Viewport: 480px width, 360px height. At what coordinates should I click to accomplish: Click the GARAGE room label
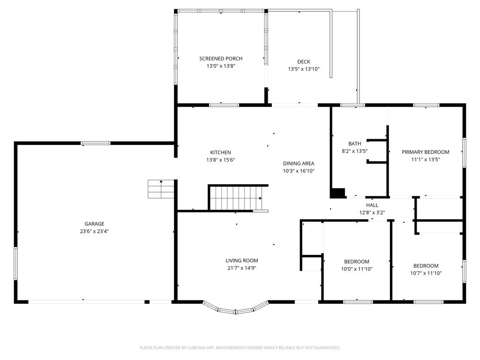94,224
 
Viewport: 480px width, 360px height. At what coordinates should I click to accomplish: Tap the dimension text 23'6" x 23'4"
94,232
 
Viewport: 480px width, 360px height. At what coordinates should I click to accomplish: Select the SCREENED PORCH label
221,59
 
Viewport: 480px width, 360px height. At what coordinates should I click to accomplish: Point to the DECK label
304,61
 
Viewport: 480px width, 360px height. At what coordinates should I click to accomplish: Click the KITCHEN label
220,152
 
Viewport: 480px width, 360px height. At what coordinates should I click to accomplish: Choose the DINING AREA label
299,164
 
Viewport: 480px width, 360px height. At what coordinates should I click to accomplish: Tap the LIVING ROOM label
241,261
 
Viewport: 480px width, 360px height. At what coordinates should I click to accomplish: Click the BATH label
354,143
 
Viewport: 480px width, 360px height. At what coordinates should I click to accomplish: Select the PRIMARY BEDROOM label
426,152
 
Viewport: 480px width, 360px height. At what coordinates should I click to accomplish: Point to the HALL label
372,205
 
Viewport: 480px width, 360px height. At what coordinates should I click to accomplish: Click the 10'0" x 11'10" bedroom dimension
357,269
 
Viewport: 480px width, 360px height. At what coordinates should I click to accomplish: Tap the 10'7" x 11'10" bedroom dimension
426,273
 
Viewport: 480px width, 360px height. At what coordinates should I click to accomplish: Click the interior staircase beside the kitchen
236,198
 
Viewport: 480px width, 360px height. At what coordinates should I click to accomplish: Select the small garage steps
161,189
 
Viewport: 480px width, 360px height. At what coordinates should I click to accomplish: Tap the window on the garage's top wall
96,143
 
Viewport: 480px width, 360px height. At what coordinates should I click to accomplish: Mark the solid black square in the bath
337,193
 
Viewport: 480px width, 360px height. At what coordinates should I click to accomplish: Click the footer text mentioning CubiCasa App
240,348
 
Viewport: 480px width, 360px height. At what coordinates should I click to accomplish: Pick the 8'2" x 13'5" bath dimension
354,151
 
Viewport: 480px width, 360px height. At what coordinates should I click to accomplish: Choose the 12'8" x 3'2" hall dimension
372,212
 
